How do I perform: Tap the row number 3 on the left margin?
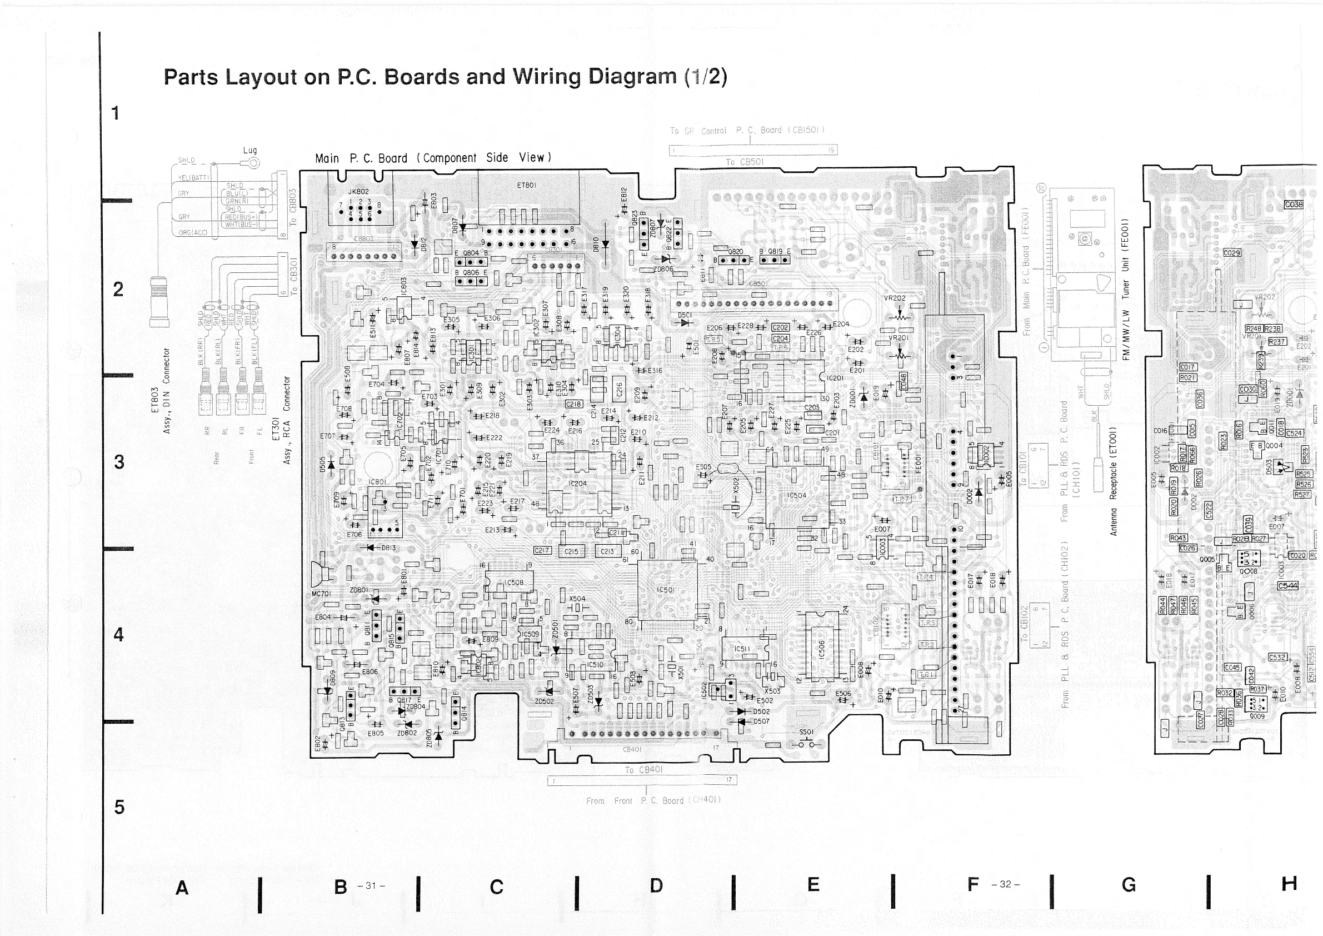(119, 462)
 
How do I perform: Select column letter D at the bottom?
(656, 885)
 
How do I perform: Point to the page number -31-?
(371, 885)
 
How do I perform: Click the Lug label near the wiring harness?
(249, 151)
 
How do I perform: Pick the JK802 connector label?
(358, 191)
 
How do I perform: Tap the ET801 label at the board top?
(526, 186)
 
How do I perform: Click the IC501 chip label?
(666, 590)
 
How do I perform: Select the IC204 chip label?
(577, 484)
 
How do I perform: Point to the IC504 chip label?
(797, 495)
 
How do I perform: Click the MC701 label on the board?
(321, 594)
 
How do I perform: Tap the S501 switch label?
(806, 732)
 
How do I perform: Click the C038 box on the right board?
(1294, 205)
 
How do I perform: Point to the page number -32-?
(1006, 884)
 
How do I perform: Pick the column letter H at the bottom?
(1289, 884)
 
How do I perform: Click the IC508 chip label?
(514, 582)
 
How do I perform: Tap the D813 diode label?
(388, 547)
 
